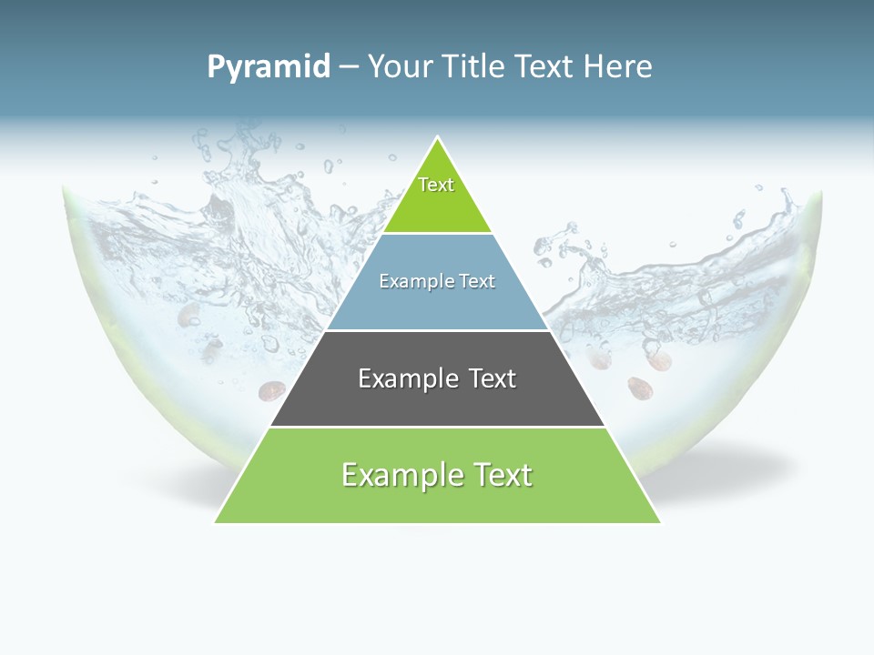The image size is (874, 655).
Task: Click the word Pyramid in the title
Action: point(269,67)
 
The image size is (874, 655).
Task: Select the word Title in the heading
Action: point(476,67)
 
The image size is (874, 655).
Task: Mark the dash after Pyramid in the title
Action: point(349,67)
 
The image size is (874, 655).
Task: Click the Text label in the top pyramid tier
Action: point(436,185)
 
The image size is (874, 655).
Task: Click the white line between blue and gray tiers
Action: point(437,330)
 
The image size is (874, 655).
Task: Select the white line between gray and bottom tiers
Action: point(437,427)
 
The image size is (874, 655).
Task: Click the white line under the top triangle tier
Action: point(437,234)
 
